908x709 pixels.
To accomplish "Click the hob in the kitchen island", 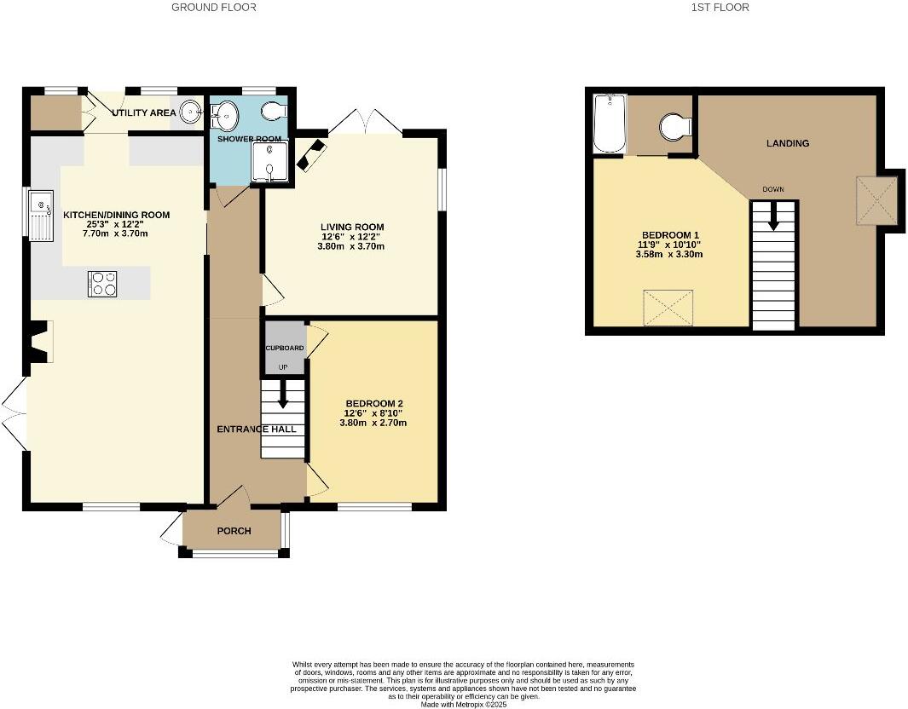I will [102, 283].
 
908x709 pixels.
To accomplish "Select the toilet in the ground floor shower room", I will [275, 112].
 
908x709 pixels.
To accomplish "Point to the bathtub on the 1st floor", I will [610, 124].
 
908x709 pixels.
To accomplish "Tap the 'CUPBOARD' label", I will [285, 348].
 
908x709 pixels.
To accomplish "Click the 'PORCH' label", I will [234, 531].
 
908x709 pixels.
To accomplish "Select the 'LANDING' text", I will [787, 143].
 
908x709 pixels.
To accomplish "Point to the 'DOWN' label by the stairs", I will [772, 189].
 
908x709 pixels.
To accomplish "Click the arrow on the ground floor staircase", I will [282, 400].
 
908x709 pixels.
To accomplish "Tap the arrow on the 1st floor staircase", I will [774, 218].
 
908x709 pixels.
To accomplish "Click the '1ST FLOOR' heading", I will [720, 8].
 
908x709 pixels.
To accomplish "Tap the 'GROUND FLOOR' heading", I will [214, 8].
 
